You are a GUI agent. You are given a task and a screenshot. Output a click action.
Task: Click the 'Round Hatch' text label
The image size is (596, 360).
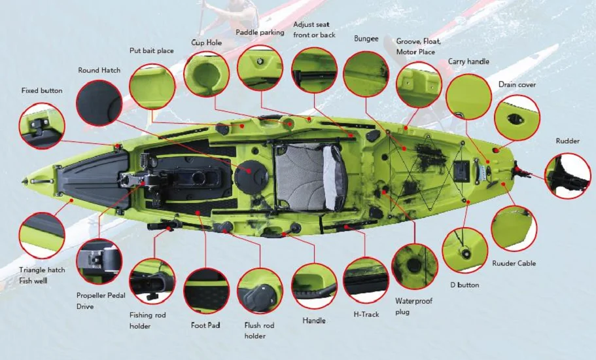tap(99, 70)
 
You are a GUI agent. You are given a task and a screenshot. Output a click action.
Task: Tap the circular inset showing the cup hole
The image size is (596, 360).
tap(206, 73)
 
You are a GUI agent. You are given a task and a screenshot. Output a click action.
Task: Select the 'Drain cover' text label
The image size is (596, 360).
tap(517, 85)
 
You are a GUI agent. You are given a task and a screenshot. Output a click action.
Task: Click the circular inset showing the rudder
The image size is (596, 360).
tap(567, 175)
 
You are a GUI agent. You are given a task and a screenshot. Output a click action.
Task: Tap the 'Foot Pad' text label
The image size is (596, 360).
tap(205, 325)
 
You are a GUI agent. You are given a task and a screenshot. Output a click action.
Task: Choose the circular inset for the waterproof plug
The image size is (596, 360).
tap(414, 266)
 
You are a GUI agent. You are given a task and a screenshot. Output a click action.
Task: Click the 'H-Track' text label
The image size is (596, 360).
tap(366, 314)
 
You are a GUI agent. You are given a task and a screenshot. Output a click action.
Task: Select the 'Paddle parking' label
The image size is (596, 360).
tap(260, 33)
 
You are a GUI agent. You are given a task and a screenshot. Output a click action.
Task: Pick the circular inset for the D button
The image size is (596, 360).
tap(465, 250)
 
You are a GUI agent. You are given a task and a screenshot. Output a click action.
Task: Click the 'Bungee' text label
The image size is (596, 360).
tap(366, 39)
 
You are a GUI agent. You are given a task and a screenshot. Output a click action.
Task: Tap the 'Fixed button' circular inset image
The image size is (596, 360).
tap(42, 126)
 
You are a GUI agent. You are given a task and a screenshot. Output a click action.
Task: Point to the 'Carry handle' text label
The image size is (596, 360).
tap(468, 62)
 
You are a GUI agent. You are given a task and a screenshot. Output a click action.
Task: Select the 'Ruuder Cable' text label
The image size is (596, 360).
tap(514, 263)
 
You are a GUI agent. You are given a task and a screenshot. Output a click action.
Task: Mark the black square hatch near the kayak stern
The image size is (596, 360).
tap(462, 170)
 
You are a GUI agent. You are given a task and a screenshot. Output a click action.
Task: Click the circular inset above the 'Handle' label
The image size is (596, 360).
tap(314, 286)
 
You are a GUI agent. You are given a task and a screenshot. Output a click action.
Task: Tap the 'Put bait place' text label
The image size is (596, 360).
tap(151, 51)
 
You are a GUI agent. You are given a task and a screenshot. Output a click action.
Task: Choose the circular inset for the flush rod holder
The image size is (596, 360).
tap(260, 291)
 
